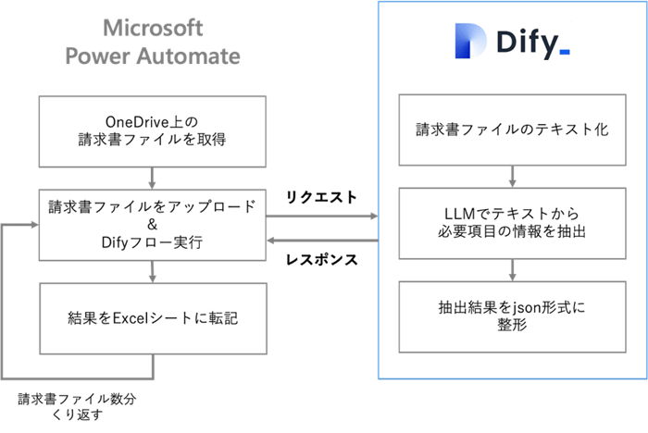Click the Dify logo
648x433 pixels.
(x=512, y=42)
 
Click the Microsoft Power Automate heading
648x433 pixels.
(x=153, y=42)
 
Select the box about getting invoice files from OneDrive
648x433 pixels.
(x=153, y=130)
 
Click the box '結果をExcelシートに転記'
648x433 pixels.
(x=153, y=317)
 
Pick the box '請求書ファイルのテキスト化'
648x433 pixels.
(x=511, y=130)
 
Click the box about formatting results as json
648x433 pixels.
(x=511, y=317)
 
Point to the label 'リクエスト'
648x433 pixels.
(x=321, y=197)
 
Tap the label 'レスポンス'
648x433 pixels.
(x=321, y=260)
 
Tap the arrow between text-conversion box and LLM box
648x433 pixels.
(x=511, y=176)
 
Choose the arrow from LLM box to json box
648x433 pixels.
(x=511, y=270)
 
